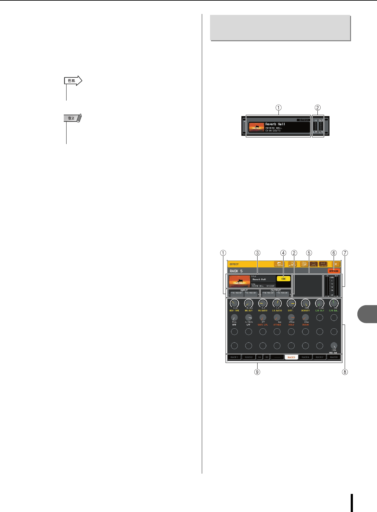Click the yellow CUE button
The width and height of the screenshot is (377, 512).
(283, 279)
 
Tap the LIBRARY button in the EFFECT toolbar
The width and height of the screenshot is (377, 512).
(279, 264)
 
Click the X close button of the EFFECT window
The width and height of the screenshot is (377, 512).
(336, 264)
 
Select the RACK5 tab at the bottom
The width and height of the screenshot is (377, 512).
(291, 357)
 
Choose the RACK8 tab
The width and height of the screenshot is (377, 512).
(334, 357)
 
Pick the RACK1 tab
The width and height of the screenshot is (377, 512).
(234, 357)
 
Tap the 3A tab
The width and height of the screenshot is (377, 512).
(259, 357)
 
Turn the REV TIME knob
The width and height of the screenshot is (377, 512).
(234, 303)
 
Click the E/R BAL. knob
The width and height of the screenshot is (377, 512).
(334, 303)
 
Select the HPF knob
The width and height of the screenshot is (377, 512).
(234, 318)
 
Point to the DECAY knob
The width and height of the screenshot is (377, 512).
(305, 318)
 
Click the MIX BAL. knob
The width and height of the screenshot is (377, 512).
(334, 346)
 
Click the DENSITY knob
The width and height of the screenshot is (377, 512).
(305, 303)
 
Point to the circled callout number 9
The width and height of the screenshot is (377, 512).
(257, 371)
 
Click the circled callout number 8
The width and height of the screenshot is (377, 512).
(345, 371)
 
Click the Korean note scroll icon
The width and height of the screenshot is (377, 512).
(73, 118)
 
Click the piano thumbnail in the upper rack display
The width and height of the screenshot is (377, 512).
(256, 127)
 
